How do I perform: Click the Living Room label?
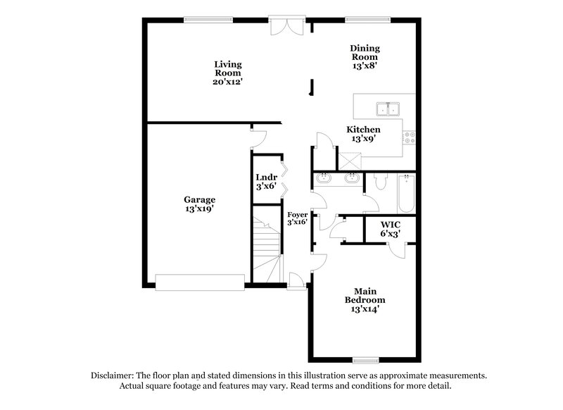click(228, 73)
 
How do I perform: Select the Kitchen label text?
click(363, 134)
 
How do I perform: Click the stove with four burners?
click(410, 138)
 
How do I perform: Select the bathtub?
click(405, 194)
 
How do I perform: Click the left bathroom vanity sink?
click(325, 179)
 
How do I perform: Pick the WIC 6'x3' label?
click(391, 228)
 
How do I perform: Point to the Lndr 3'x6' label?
click(267, 182)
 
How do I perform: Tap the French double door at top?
click(286, 25)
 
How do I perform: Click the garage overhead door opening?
click(200, 282)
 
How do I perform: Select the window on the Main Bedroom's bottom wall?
click(366, 360)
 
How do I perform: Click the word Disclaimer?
click(113, 376)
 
